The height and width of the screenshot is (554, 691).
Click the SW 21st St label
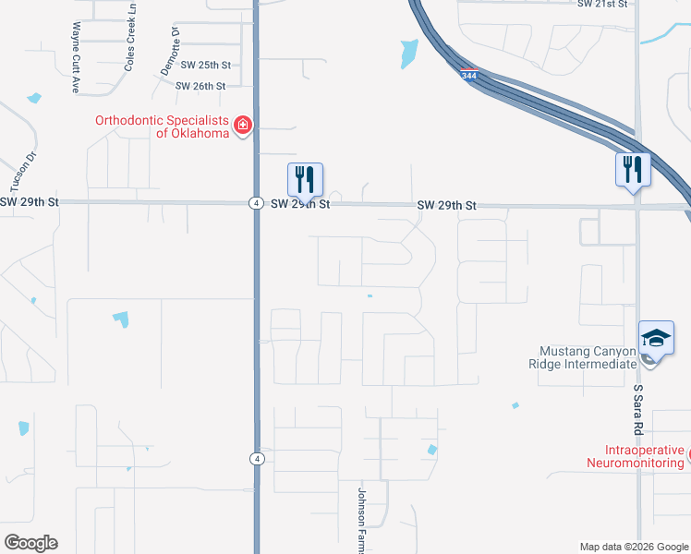point(602,5)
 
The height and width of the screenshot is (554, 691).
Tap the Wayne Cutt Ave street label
point(70,57)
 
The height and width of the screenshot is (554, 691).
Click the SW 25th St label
point(205,65)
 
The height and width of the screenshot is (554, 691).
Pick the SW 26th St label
point(200,86)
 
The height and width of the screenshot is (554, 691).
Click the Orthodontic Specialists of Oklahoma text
point(162,126)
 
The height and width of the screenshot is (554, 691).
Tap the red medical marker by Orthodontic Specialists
point(243,125)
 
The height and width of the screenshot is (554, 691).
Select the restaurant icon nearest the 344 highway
point(633,171)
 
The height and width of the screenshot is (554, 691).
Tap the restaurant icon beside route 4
point(305,179)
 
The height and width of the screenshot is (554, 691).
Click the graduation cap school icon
point(656,338)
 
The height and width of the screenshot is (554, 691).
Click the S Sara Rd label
point(636,411)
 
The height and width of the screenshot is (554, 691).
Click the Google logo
point(30,543)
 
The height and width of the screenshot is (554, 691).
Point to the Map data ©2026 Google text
point(634,547)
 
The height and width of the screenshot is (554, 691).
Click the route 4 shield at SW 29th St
point(254,203)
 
